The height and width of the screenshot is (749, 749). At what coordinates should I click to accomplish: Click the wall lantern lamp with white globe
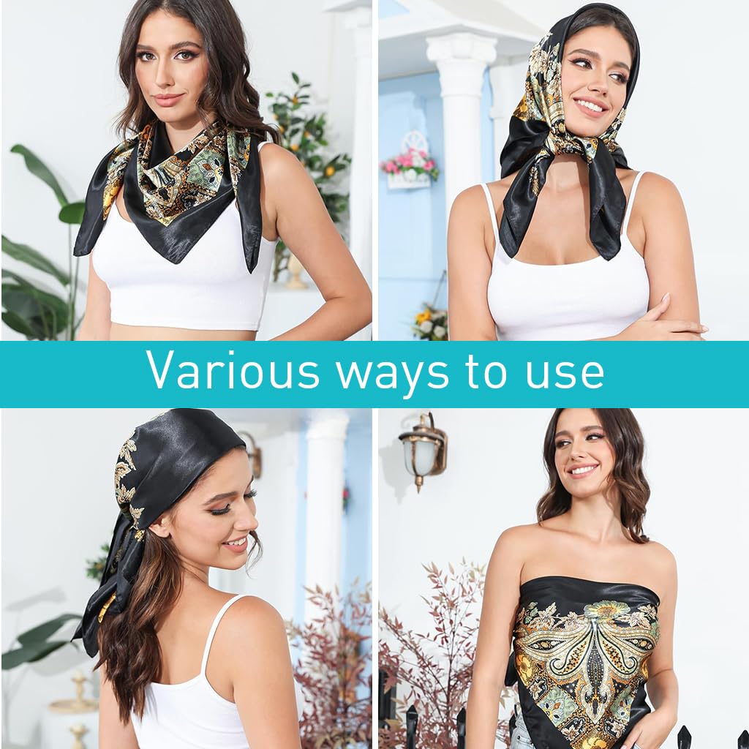pyautogui.click(x=423, y=450)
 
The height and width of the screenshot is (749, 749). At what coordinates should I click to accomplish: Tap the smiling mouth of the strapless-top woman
pyautogui.click(x=584, y=471)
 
